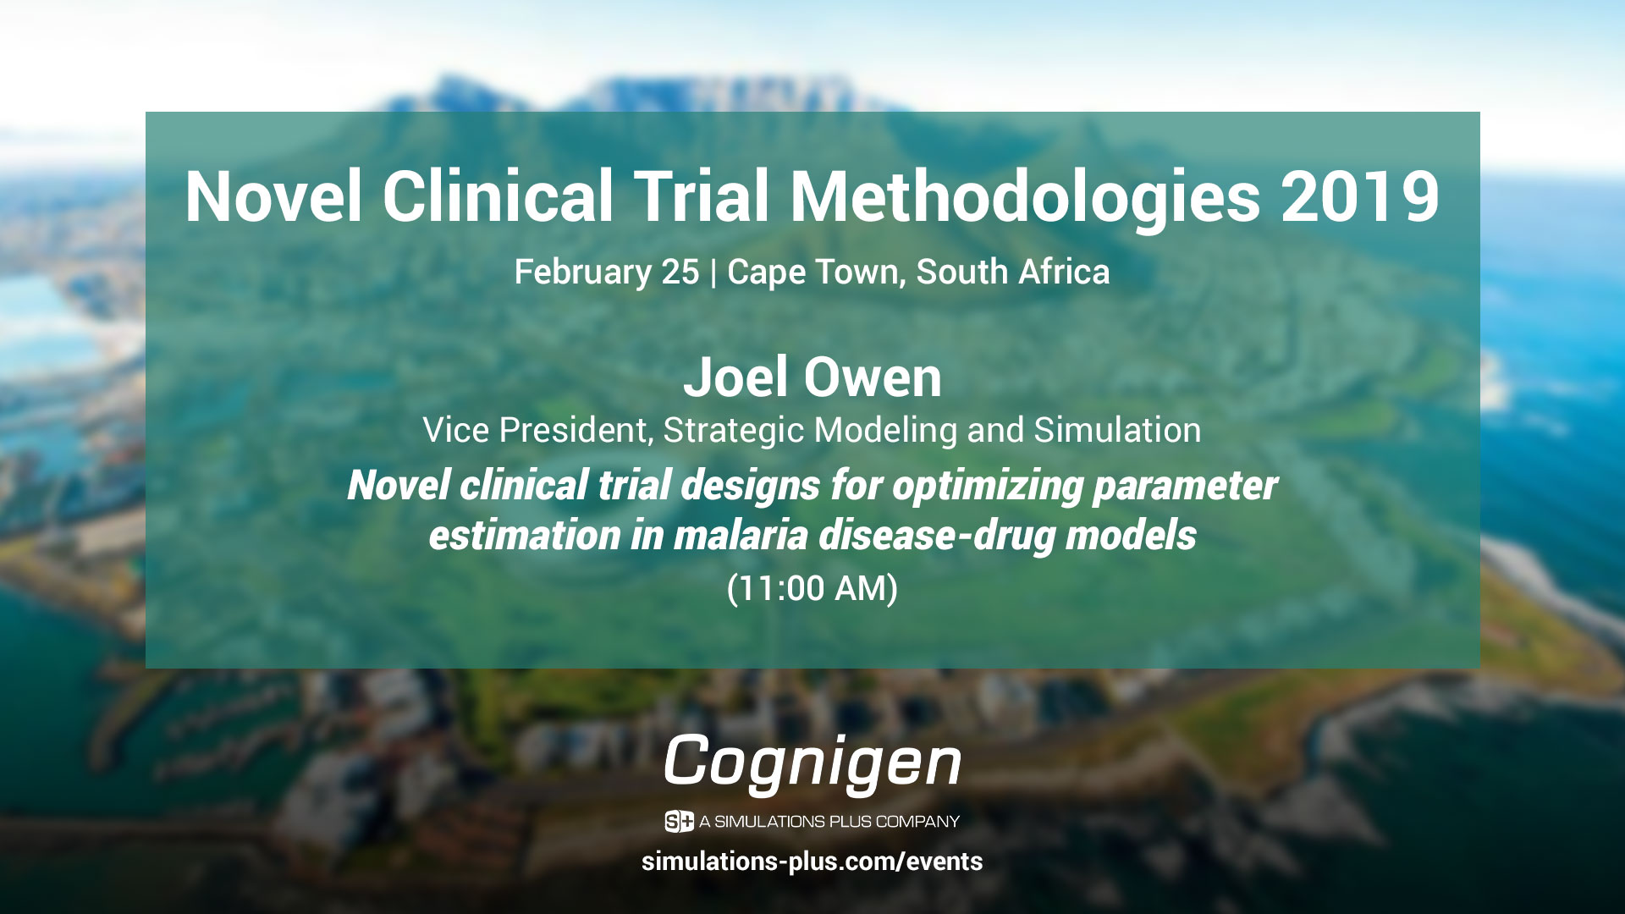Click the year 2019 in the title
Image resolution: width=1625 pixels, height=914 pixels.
click(x=1360, y=197)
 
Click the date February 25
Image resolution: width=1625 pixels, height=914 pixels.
click(x=607, y=273)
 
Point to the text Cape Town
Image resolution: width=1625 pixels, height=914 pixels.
click(x=815, y=273)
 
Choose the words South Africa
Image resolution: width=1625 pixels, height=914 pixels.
click(x=1013, y=272)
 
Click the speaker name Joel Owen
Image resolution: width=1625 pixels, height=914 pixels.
click(x=812, y=377)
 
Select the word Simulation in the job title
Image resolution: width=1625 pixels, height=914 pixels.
click(x=1117, y=430)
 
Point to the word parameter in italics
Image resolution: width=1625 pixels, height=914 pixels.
click(x=1185, y=487)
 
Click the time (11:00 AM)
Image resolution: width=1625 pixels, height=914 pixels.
click(x=812, y=588)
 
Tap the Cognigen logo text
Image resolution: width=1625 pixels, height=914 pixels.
click(x=812, y=763)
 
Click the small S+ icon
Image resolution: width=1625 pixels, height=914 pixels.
click(x=679, y=821)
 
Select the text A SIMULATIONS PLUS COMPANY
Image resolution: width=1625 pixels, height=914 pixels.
click(x=829, y=822)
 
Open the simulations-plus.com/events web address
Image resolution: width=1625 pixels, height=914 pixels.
click(x=812, y=862)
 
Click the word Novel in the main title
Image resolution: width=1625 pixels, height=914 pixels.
click(x=274, y=196)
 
